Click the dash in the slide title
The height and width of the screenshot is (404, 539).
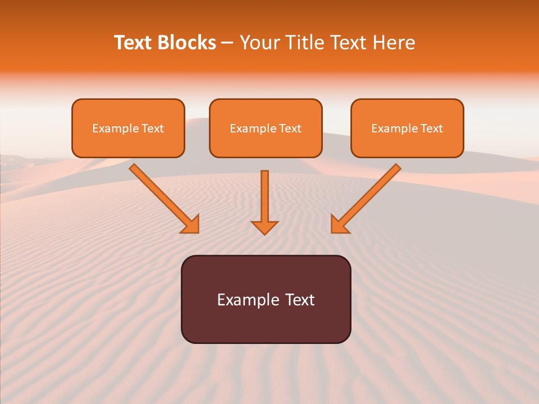click(x=227, y=43)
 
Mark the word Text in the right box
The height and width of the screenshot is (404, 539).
click(x=431, y=128)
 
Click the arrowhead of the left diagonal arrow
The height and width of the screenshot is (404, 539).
click(x=191, y=225)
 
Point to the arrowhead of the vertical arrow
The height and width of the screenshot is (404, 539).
click(x=264, y=227)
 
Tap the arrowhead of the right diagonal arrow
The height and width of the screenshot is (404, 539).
click(x=339, y=225)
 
